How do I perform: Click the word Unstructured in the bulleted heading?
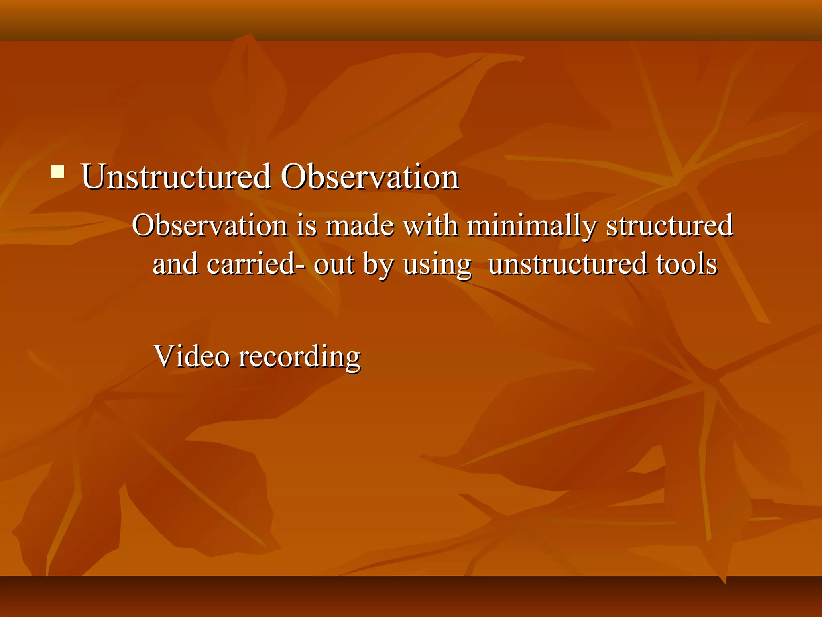click(176, 177)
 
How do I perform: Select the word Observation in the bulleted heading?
click(369, 177)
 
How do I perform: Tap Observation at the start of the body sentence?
click(209, 225)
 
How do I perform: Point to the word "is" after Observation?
click(306, 225)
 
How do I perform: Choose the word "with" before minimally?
click(430, 225)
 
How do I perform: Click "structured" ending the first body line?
click(670, 225)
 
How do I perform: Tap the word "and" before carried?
click(175, 264)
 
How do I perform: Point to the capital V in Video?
click(165, 356)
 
